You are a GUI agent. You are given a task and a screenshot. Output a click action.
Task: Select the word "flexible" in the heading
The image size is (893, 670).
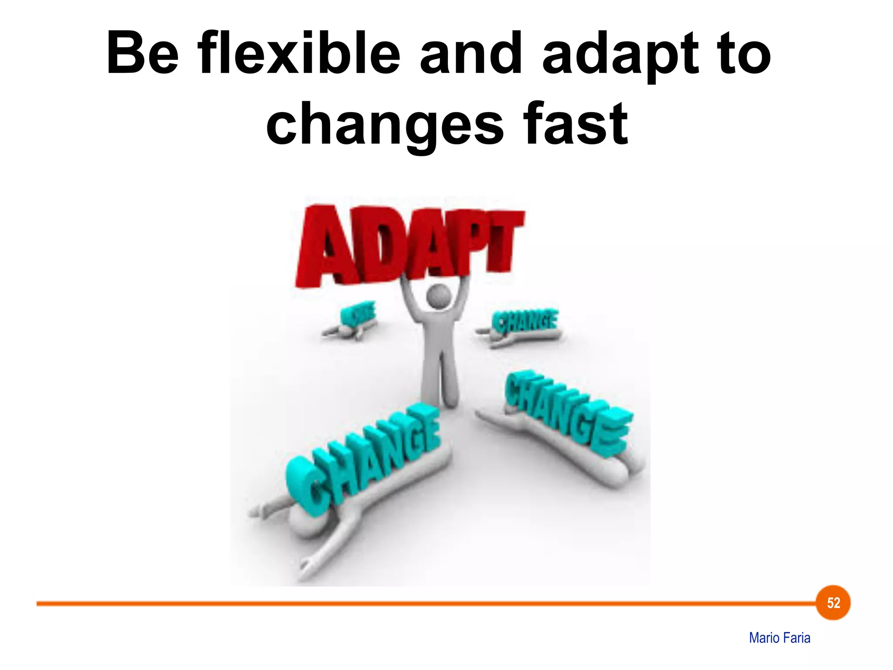coord(299,54)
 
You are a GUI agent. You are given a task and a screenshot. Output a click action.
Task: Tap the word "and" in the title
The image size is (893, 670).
coord(470,54)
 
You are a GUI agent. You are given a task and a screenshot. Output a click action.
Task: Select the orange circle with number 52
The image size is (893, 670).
coord(833,603)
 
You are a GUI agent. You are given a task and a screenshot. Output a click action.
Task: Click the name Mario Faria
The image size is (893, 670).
coord(780,638)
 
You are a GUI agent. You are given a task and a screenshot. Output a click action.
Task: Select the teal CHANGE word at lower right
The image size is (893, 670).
coord(567,412)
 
